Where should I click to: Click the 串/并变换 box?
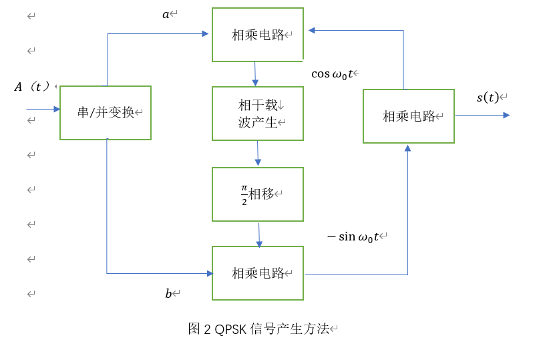pyautogui.click(x=106, y=112)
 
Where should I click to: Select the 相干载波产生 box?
pyautogui.click(x=258, y=114)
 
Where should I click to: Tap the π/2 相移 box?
pyautogui.click(x=258, y=194)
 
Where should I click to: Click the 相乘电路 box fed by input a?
pyautogui.click(x=258, y=35)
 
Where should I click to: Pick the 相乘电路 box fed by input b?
pyautogui.click(x=258, y=273)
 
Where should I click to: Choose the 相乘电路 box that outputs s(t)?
pyautogui.click(x=408, y=116)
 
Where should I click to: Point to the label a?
pyautogui.click(x=166, y=14)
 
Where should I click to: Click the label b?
pyautogui.click(x=168, y=294)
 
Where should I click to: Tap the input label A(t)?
pyautogui.click(x=33, y=86)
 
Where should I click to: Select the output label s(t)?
pyautogui.click(x=488, y=98)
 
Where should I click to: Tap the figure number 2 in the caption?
pyautogui.click(x=207, y=329)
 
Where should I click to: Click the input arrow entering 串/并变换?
pyautogui.click(x=43, y=109)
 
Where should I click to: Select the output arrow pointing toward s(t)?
pyautogui.click(x=482, y=115)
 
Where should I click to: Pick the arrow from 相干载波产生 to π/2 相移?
pyautogui.click(x=258, y=154)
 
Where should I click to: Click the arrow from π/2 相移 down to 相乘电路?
pyautogui.click(x=259, y=234)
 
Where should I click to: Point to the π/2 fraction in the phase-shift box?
pyautogui.click(x=244, y=194)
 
